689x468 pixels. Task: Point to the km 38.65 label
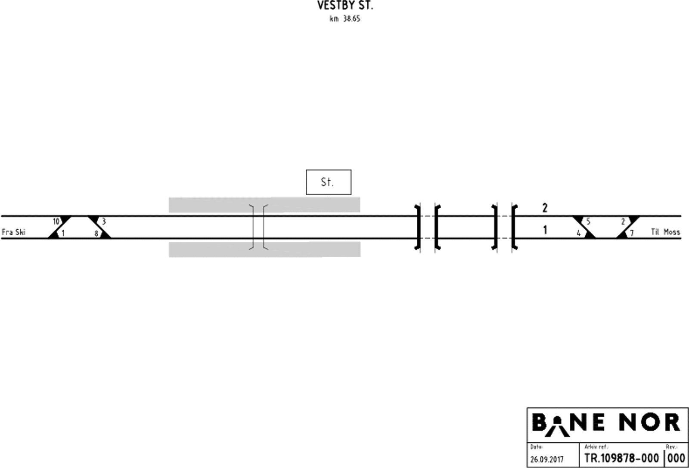(345, 19)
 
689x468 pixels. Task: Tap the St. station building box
(329, 182)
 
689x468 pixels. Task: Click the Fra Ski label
(13, 232)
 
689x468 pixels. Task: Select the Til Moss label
(665, 232)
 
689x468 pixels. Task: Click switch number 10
(56, 221)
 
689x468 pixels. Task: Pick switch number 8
(96, 234)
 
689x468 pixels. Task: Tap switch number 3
(104, 221)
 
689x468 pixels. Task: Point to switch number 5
(588, 221)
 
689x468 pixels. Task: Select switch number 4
(579, 233)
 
